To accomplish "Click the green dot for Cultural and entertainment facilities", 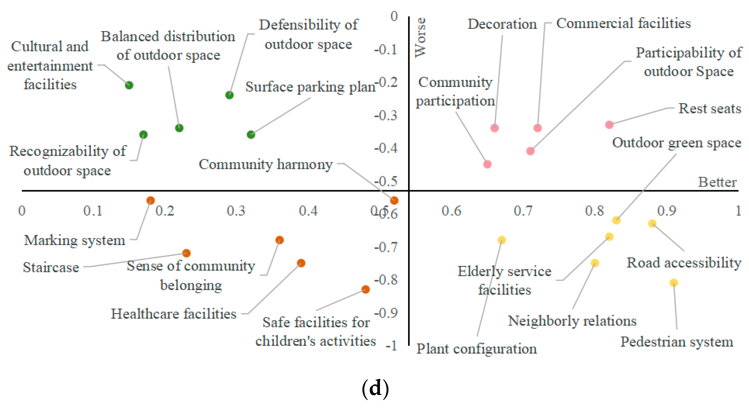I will click(129, 85).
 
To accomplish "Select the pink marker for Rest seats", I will click(609, 125).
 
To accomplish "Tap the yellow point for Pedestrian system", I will click(674, 283).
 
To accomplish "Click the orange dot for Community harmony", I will click(394, 201).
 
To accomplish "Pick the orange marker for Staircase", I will click(186, 253).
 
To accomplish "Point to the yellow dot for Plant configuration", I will click(502, 240).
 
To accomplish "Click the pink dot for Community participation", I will click(487, 164).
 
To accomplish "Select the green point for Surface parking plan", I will click(251, 134).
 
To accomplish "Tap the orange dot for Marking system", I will click(150, 201).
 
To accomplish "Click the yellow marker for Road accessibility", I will click(652, 223).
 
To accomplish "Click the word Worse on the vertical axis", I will click(421, 38).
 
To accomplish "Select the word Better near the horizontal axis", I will click(717, 182).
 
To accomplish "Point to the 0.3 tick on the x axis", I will click(236, 211).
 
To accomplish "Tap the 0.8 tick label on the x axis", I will click(594, 211).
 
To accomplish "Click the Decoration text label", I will click(502, 24).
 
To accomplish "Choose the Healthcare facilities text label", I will click(174, 314).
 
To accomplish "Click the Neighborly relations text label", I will click(572, 321).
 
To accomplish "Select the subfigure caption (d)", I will click(375, 388).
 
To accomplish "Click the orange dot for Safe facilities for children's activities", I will click(366, 289).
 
